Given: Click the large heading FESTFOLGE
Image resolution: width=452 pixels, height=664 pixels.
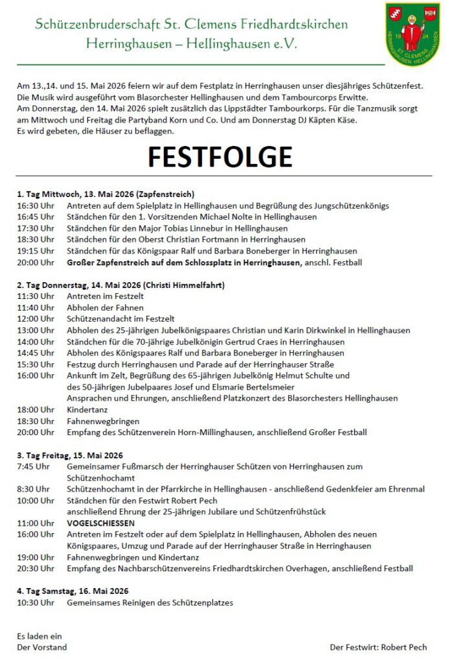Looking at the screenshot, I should [220, 157].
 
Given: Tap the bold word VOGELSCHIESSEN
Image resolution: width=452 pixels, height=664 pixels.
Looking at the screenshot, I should [101, 523].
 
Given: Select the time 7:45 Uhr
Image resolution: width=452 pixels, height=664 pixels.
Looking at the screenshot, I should [33, 466].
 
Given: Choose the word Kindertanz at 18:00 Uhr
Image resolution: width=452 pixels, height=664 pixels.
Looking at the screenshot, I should [87, 410].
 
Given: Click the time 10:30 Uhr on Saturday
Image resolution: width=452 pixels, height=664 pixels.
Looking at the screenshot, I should [36, 602].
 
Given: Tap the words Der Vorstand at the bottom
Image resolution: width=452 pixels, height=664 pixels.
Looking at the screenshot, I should [41, 647].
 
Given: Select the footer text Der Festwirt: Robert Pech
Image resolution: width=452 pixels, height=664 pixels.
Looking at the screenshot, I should [378, 647].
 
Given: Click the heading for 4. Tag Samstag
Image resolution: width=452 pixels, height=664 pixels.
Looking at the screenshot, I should [73, 591].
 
